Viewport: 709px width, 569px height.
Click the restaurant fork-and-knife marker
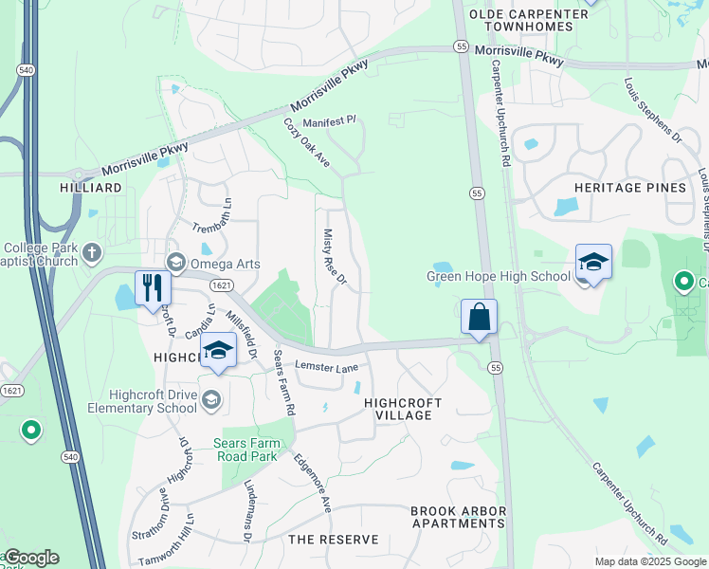click(152, 287)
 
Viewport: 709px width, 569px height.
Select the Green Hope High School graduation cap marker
click(593, 262)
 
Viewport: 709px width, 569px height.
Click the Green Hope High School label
click(499, 278)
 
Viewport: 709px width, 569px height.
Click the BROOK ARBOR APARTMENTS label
click(458, 517)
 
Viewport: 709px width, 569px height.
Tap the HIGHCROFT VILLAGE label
click(403, 409)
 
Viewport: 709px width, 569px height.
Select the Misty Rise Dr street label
click(336, 257)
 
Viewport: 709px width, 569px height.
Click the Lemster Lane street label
click(327, 367)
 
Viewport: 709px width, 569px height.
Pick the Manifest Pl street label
click(329, 122)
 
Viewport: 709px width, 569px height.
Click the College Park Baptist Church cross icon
click(91, 252)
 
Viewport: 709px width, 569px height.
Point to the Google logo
click(30, 558)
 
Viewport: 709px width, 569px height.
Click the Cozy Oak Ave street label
click(306, 143)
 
